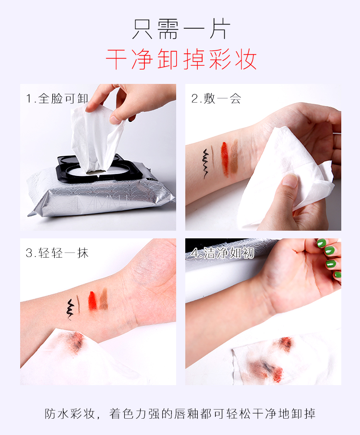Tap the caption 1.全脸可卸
click(57, 98)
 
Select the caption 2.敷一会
click(216, 98)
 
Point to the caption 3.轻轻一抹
click(57, 253)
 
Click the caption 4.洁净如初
click(222, 253)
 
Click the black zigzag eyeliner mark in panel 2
click(205, 164)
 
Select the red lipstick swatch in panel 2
click(225, 159)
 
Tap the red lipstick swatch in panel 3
click(93, 301)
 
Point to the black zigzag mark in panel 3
click(70, 310)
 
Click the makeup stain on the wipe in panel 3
click(73, 341)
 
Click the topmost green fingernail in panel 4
click(322, 243)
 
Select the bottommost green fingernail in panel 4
click(338, 275)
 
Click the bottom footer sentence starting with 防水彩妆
click(180, 413)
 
